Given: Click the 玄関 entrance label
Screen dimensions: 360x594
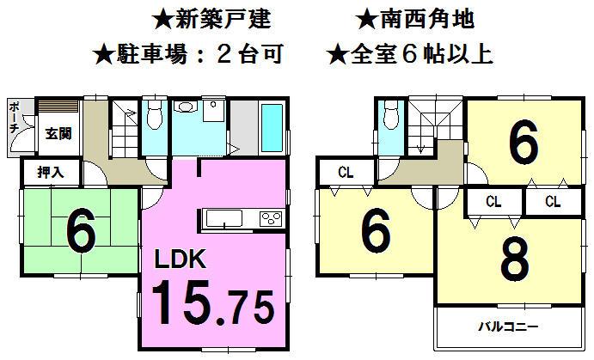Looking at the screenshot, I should tap(58, 133).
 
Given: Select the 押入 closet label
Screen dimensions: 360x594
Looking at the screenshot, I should tap(48, 172).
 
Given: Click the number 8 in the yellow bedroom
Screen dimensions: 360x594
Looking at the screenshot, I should tap(513, 260).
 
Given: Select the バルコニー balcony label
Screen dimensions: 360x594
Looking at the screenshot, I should tap(507, 327).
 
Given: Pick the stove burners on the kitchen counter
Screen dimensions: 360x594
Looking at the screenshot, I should tap(272, 218).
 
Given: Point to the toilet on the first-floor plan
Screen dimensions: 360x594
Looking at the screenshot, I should tap(156, 113).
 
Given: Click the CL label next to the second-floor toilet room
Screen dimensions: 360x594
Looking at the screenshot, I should tap(345, 172).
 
